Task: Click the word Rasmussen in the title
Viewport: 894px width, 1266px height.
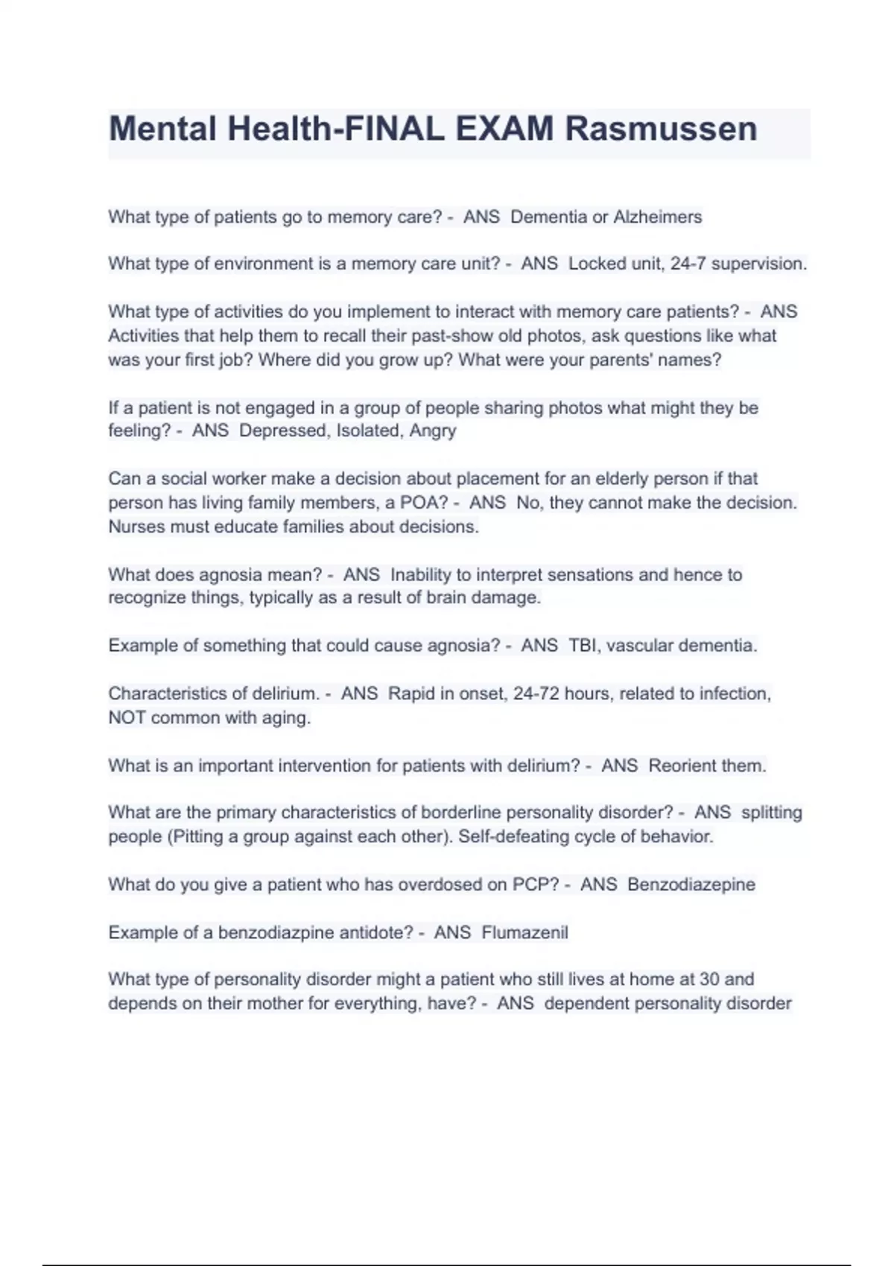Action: point(661,129)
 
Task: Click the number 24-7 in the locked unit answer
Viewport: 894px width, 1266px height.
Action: point(688,264)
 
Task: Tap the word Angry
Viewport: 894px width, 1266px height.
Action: point(433,431)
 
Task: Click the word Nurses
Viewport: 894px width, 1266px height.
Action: point(136,527)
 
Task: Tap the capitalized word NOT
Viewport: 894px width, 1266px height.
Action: point(127,718)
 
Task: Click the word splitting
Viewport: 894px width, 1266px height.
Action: point(772,812)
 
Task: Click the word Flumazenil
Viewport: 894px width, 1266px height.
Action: point(524,932)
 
